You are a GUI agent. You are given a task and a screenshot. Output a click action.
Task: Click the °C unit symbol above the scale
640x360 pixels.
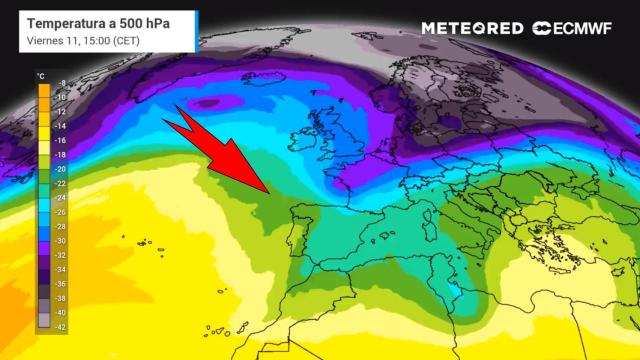click(41, 74)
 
